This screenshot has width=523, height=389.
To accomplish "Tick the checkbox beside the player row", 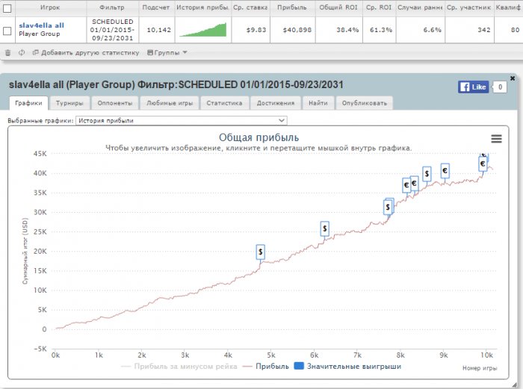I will [x=7, y=31].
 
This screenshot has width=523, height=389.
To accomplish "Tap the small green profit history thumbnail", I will [x=203, y=30].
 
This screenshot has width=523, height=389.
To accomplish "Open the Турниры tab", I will [x=69, y=103].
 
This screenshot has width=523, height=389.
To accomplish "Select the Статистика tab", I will [x=224, y=103].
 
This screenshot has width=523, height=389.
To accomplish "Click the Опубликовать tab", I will [x=364, y=103].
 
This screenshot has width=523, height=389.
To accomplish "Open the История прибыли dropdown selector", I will [x=181, y=119].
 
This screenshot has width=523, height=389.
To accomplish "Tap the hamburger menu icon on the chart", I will [x=496, y=138].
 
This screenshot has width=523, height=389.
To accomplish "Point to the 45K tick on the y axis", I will [x=40, y=154].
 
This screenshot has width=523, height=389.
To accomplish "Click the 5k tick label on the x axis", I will [x=271, y=355].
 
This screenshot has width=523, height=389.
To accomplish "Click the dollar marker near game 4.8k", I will [x=260, y=252].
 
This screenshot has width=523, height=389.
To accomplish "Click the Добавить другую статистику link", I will [x=90, y=53].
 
